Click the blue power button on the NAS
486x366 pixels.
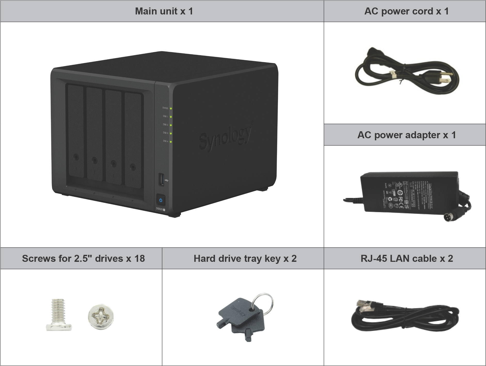pyautogui.click(x=161, y=200)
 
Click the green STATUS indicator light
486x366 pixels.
pyautogui.click(x=171, y=109)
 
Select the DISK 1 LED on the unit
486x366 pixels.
pyautogui.click(x=171, y=117)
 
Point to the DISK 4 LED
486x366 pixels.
pyautogui.click(x=171, y=142)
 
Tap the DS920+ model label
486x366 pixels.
pyautogui.click(x=160, y=209)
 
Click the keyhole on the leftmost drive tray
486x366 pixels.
pyautogui.click(x=76, y=157)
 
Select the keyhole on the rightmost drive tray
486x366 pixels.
pyautogui.click(x=133, y=167)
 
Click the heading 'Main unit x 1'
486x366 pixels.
pyautogui.click(x=164, y=11)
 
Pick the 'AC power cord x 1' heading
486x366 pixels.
pyautogui.click(x=406, y=11)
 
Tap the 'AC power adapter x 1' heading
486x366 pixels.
pyautogui.click(x=406, y=135)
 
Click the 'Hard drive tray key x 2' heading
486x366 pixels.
pyautogui.click(x=245, y=258)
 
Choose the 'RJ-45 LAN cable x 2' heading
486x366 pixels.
pyautogui.click(x=407, y=258)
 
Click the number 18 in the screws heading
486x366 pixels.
pyautogui.click(x=139, y=258)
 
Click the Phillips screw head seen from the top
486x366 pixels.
pyautogui.click(x=101, y=316)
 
